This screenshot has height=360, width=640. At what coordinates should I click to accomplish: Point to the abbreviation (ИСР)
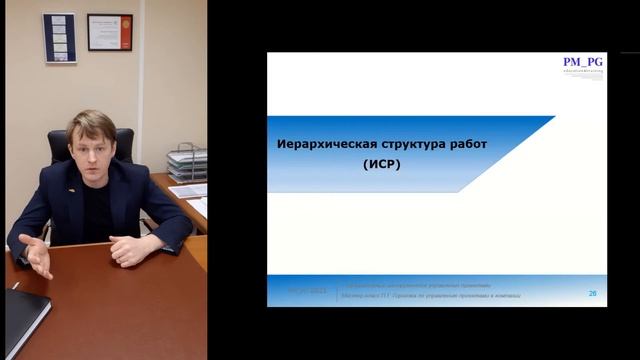click(382, 166)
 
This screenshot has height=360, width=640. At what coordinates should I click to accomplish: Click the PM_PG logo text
click(582, 62)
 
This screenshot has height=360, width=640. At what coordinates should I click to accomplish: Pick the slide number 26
click(592, 294)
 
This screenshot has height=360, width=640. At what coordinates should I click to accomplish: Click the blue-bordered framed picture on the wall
click(60, 38)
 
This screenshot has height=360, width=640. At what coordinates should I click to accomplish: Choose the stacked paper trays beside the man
click(186, 162)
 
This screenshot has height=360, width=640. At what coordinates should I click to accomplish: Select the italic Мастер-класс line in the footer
click(430, 297)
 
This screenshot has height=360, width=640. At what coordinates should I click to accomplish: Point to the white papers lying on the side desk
click(189, 190)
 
